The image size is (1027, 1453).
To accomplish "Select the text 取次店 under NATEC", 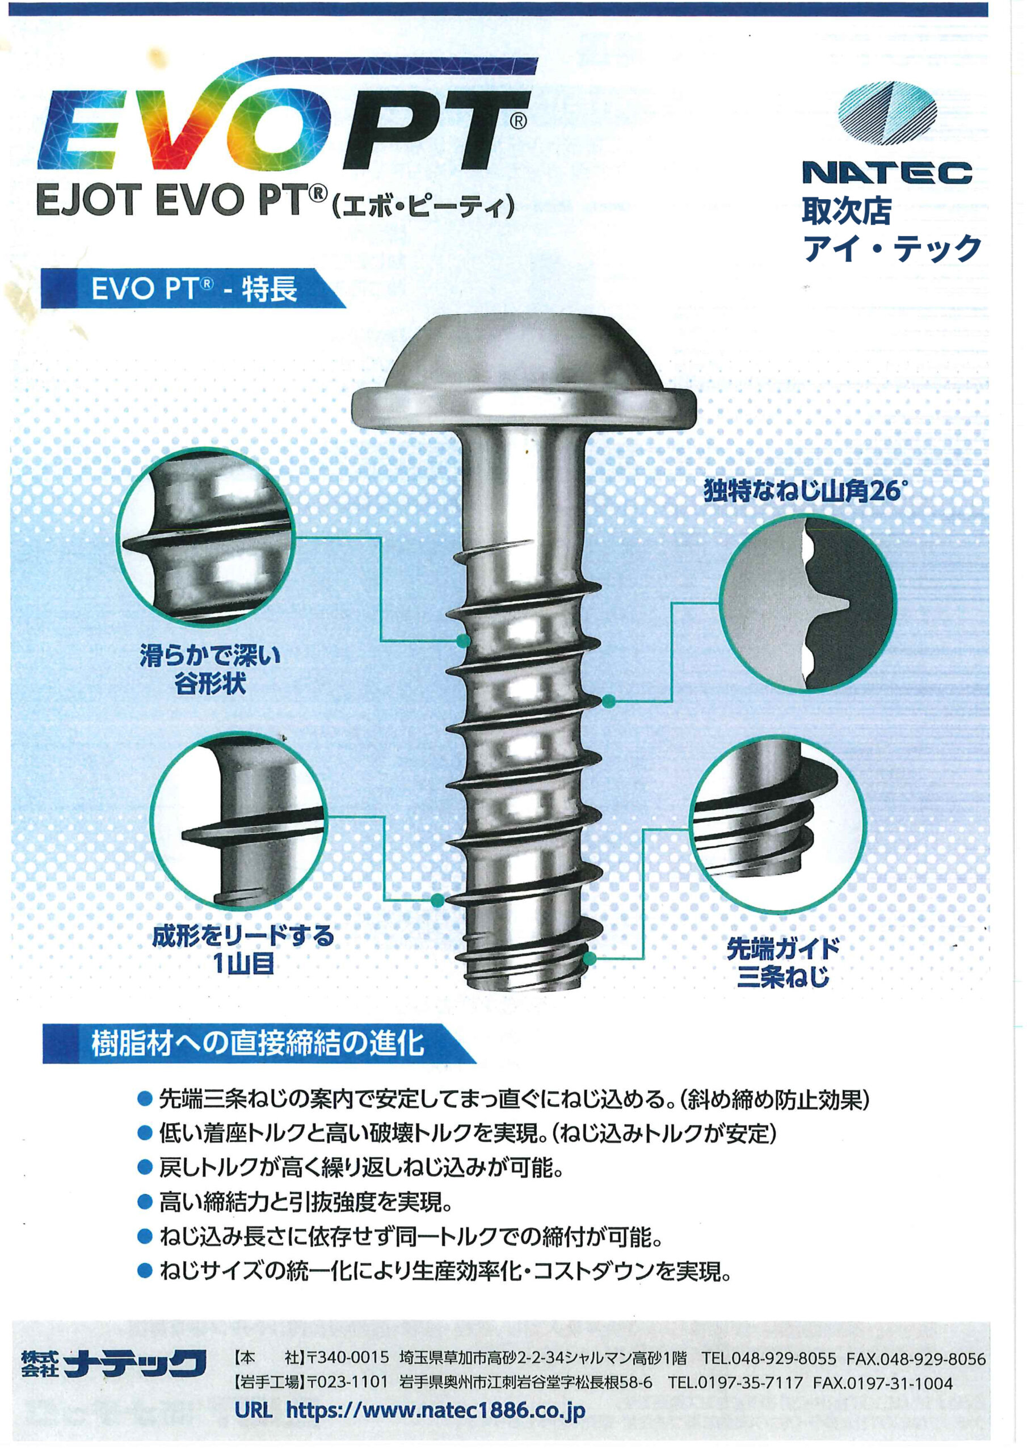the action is (x=846, y=211).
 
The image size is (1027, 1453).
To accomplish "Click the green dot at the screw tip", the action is (x=589, y=958).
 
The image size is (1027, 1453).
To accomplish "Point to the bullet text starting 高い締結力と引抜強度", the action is (x=306, y=1201).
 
